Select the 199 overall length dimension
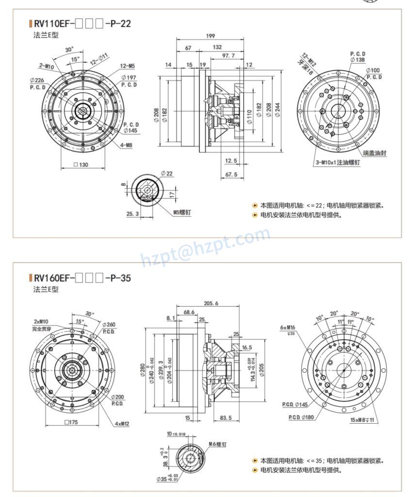[210, 36]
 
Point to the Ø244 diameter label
[278, 110]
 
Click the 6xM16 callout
[287, 327]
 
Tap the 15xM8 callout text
[362, 420]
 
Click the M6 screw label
[218, 444]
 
